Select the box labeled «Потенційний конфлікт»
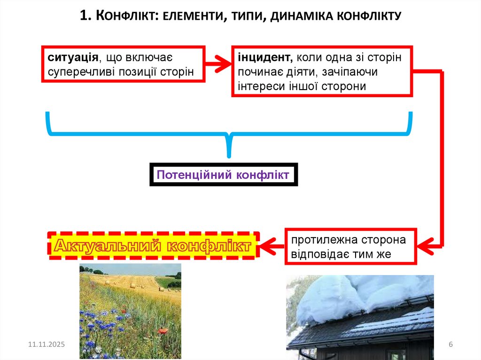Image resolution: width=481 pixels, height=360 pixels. [224, 175]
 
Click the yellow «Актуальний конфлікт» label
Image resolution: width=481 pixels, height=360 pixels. [153, 245]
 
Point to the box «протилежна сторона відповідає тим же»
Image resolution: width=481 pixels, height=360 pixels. [350, 247]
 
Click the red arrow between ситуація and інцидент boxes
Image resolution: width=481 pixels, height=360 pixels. [218, 64]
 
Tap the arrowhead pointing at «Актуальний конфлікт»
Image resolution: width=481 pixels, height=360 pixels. [269, 245]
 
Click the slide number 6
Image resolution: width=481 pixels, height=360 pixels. [450, 345]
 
